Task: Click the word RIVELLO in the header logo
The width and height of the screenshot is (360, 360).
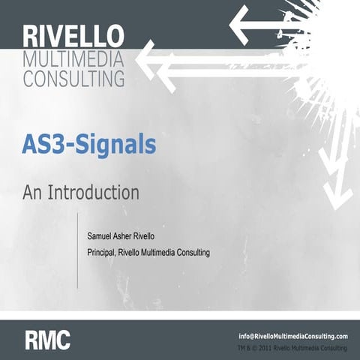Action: point(73,37)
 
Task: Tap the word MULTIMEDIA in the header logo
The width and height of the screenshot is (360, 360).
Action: point(73,59)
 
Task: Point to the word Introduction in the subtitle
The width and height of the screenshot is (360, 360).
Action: point(93,192)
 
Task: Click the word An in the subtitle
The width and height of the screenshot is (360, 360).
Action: point(33,192)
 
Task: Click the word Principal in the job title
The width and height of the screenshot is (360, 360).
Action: point(104,252)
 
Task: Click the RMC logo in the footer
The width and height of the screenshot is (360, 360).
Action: point(47,340)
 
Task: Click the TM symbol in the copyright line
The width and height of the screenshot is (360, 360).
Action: point(241,349)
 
